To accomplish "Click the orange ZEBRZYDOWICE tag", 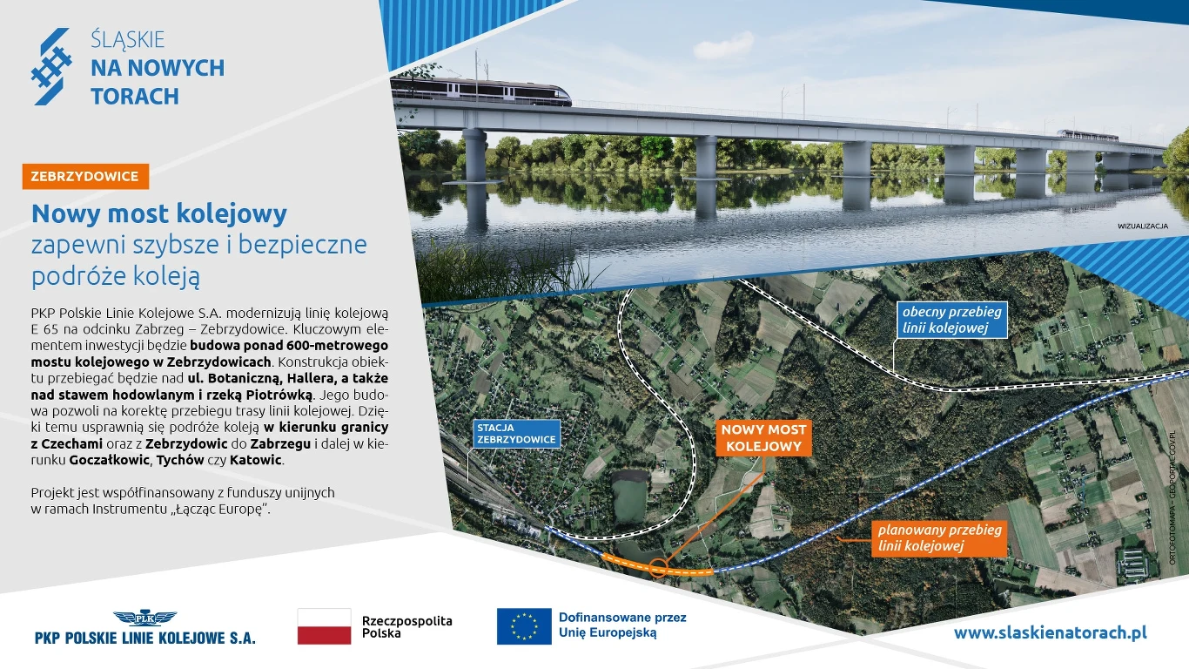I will coord(85,176).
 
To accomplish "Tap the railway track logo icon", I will coord(51,67).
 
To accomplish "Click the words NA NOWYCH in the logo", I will coord(157,68).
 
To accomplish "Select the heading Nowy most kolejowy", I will coord(159,213).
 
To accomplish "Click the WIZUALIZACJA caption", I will coord(1142,226).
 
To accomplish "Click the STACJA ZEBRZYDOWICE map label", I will coord(515,434).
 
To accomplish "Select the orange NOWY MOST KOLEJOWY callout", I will coord(763,438).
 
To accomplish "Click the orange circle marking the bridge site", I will coord(658,569).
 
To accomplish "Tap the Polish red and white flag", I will coord(324,626).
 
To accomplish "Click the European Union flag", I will coord(524,626).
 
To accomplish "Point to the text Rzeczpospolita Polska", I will coord(406,627).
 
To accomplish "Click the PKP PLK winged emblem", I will coord(144,618).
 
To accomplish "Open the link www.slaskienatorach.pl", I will coord(1050,632).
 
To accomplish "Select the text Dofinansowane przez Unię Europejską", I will coord(621,625).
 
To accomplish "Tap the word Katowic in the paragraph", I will coord(256,460).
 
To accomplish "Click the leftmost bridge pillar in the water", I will coord(474,157).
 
